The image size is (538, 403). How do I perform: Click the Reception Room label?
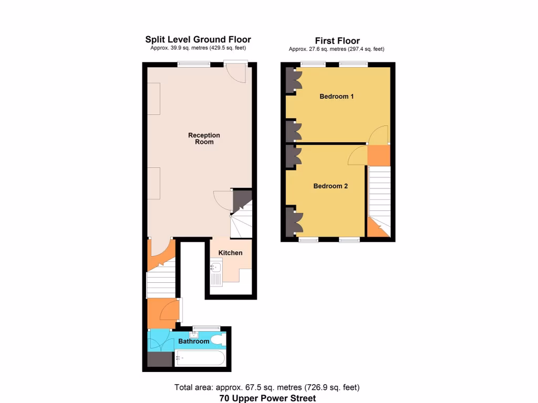(x=204, y=139)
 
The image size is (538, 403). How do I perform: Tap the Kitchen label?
(x=230, y=253)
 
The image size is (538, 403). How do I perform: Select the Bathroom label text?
(x=193, y=341)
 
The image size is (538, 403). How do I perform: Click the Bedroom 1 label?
(x=336, y=97)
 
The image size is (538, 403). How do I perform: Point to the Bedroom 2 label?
(x=330, y=186)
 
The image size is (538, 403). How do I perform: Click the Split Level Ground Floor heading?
(x=198, y=39)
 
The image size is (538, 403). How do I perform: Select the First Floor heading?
(x=337, y=41)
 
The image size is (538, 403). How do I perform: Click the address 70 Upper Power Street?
(x=267, y=398)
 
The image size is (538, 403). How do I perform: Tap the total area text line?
(x=267, y=388)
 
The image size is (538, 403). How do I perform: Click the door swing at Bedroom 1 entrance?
(x=378, y=135)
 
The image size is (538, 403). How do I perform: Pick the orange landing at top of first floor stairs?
(x=378, y=155)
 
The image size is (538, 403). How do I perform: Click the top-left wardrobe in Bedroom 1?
(x=292, y=80)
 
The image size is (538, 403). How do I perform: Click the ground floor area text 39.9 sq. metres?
(x=198, y=48)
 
